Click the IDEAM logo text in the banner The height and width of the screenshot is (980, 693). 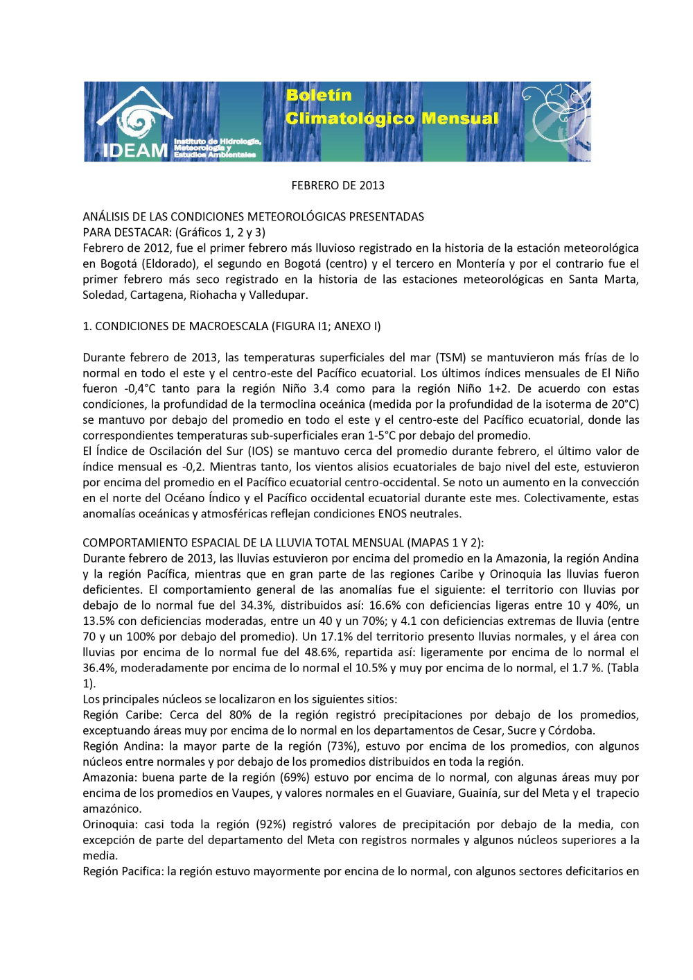coord(135,151)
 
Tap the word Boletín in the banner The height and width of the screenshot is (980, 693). coord(319,95)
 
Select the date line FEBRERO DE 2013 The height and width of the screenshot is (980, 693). coord(337,185)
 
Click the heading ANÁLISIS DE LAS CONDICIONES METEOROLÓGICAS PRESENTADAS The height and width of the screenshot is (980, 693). coord(253,216)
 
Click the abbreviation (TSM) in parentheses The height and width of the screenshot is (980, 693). coord(450,357)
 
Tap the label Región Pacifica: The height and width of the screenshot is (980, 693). coord(123,871)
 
